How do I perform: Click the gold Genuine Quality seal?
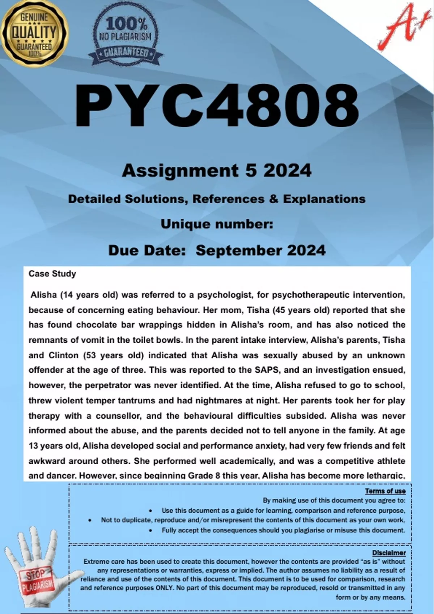34,34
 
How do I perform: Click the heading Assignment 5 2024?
216,170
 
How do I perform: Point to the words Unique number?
216,224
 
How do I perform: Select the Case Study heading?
52,274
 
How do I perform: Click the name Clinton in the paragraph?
63,355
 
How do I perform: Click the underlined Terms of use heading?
385,491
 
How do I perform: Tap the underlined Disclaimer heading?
389,553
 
